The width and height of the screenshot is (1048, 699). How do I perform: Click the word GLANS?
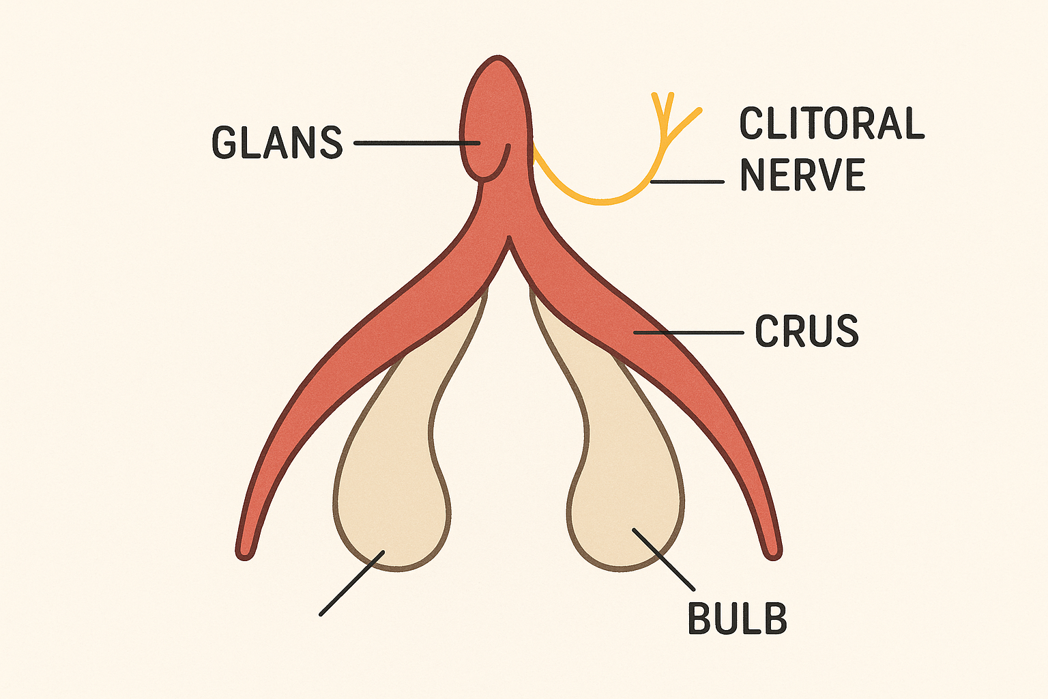277,143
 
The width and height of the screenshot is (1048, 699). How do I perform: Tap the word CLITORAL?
832,124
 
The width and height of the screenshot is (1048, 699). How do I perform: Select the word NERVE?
802,175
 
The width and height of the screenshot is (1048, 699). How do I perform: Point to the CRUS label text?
806,331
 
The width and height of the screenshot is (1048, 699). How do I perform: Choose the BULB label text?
737,618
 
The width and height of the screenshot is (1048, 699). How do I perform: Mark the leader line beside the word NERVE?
688,182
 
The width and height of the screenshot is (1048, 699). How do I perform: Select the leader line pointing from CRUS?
689,332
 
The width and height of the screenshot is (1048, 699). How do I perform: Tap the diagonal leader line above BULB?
663,558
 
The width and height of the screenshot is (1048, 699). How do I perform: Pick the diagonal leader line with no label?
351,583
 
